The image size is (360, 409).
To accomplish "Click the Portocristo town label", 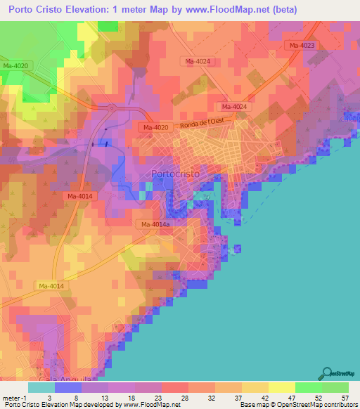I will coord(175,174).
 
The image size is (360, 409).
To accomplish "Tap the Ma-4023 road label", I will coord(300,45).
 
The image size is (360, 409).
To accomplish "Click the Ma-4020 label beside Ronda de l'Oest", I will coord(155,127).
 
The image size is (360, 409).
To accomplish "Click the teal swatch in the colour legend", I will coord(41,387).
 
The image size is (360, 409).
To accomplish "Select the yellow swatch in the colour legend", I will coord(282,387).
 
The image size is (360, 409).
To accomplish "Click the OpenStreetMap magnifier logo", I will coord(328,372).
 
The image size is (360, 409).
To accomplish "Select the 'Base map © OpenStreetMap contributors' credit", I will coord(298,405).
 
